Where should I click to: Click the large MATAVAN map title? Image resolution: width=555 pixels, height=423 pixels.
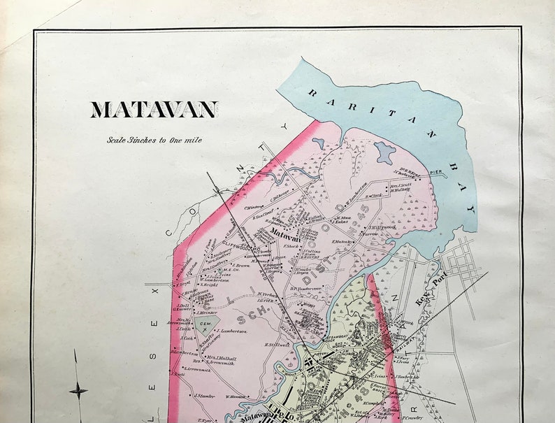[154, 110]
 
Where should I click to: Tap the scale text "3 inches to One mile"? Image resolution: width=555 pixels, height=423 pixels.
[154, 140]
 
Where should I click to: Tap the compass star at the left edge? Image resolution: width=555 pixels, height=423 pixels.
[78, 391]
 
